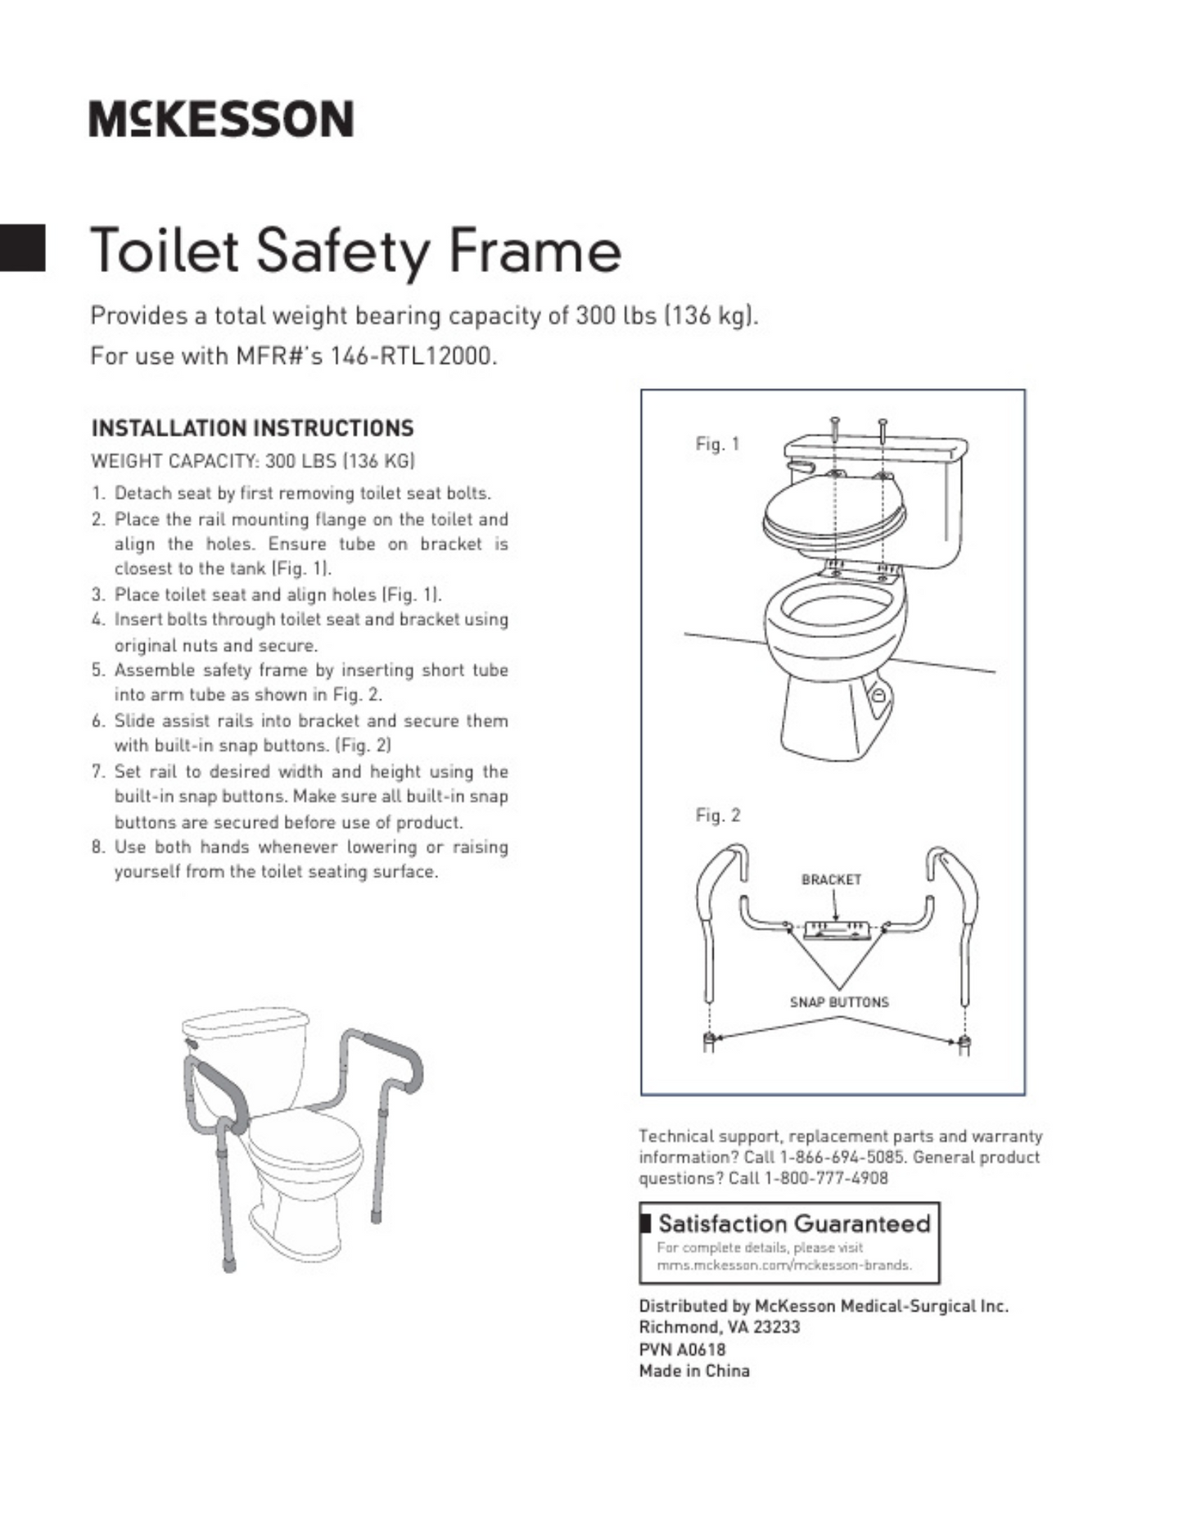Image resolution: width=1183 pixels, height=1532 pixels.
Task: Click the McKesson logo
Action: [x=221, y=119]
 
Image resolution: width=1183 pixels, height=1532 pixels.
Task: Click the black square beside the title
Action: [x=22, y=247]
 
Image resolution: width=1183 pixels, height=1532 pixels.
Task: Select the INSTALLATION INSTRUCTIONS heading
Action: [x=252, y=428]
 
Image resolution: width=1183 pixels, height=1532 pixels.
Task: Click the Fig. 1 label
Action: [x=717, y=444]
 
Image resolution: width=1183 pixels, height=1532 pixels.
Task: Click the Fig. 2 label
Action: [x=717, y=815]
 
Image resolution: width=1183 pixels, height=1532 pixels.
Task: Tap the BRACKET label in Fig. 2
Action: [x=831, y=879]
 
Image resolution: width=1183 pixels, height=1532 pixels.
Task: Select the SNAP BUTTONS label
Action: [x=839, y=1001]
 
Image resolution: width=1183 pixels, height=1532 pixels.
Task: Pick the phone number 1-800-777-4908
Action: [x=826, y=1178]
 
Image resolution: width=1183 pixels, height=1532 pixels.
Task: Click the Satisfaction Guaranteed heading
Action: [x=794, y=1223]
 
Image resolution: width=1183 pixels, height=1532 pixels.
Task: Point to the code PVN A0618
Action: [x=682, y=1349]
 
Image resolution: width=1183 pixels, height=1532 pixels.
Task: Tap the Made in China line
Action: [x=694, y=1370]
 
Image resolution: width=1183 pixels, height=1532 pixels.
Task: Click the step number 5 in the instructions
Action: [x=98, y=670]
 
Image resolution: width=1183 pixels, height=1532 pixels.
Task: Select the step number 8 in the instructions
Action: [x=98, y=847]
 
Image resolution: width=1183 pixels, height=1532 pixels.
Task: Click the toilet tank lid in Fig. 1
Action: [x=876, y=448]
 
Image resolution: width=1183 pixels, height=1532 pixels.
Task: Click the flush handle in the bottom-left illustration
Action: [x=192, y=1043]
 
